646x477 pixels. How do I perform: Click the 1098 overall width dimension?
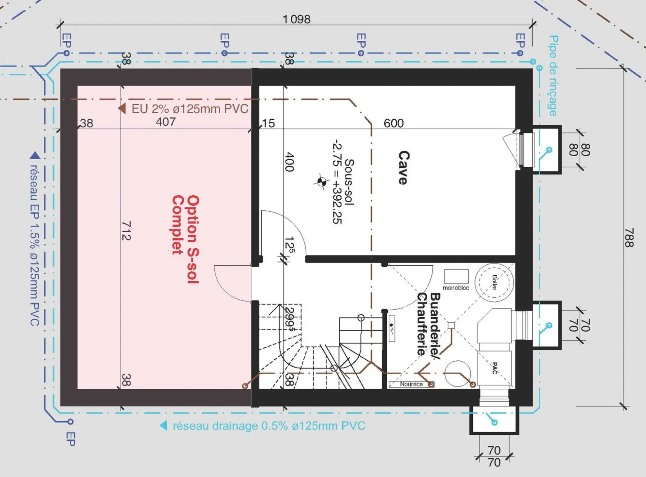click(x=296, y=19)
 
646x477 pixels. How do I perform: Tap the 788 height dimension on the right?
click(x=629, y=238)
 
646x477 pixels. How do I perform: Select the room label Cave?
click(x=403, y=167)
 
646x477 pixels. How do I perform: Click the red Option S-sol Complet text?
click(x=186, y=239)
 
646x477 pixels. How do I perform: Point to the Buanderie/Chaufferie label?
click(x=428, y=324)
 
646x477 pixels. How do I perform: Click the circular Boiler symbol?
click(x=494, y=282)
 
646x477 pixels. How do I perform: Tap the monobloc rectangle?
click(x=456, y=276)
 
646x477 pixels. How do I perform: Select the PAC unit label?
click(x=495, y=368)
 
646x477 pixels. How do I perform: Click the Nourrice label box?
click(x=411, y=384)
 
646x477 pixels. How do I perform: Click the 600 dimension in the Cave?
click(x=393, y=123)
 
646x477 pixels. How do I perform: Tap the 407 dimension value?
click(x=166, y=122)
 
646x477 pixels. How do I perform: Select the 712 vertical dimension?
click(x=126, y=231)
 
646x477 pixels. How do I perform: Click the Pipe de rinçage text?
click(x=553, y=76)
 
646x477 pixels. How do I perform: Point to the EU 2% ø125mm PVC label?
click(x=190, y=109)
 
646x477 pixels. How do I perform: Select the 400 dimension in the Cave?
click(x=290, y=162)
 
